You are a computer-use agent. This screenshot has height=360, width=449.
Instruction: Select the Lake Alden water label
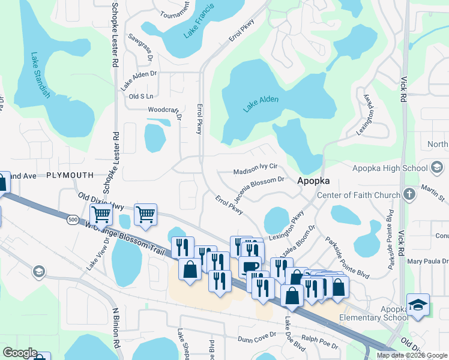click(261, 104)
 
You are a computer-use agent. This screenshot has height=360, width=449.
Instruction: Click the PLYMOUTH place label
click(70, 175)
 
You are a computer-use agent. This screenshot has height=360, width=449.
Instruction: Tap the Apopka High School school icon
click(437, 167)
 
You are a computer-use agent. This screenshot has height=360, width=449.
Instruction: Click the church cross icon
click(409, 194)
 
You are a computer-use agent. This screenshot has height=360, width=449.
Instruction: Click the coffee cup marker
click(250, 266)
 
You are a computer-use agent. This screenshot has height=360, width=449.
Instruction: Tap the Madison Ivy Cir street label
click(255, 167)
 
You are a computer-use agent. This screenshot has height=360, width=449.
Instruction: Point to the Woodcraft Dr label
click(164, 110)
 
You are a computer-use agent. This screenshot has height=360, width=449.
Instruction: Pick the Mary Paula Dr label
click(427, 262)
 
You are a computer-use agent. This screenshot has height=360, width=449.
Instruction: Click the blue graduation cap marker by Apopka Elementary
click(418, 304)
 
